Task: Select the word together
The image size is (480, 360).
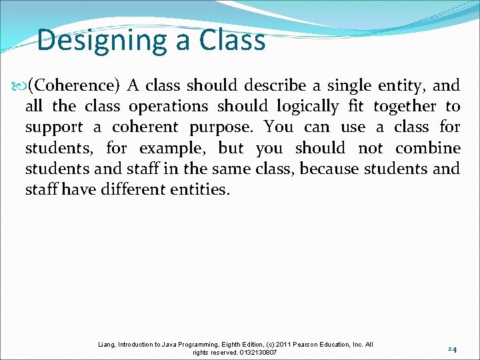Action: (x=405, y=106)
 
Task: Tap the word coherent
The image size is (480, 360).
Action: (x=145, y=127)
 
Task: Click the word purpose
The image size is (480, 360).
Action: (x=226, y=127)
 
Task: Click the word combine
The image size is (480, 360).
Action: (x=428, y=148)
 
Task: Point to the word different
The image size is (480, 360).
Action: (x=137, y=189)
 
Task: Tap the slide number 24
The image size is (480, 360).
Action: (x=451, y=349)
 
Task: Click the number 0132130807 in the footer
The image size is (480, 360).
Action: (x=254, y=352)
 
